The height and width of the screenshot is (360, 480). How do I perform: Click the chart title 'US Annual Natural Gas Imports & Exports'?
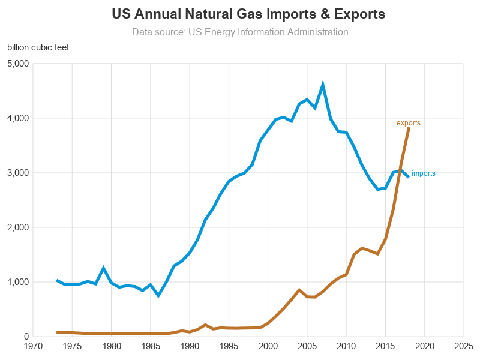pyautogui.click(x=240, y=14)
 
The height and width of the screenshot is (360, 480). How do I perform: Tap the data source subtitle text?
pyautogui.click(x=240, y=32)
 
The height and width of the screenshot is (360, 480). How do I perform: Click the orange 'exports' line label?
pyautogui.click(x=409, y=123)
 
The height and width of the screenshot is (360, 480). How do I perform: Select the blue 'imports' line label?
pyautogui.click(x=424, y=173)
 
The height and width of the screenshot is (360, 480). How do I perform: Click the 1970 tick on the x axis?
pyautogui.click(x=33, y=346)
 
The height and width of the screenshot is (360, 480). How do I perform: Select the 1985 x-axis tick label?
pyautogui.click(x=151, y=346)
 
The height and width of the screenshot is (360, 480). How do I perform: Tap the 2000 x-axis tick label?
pyautogui.click(x=268, y=346)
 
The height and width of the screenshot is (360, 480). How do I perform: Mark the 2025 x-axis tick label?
pyautogui.click(x=464, y=346)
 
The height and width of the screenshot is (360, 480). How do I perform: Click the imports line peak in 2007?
pyautogui.click(x=323, y=85)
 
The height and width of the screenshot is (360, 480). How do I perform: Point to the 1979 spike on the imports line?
pyautogui.click(x=103, y=268)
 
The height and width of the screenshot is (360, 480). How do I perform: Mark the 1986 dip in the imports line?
pyautogui.click(x=158, y=295)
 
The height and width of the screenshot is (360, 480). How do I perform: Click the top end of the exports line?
pyautogui.click(x=409, y=128)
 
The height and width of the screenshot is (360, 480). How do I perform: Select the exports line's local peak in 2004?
pyautogui.click(x=299, y=290)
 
